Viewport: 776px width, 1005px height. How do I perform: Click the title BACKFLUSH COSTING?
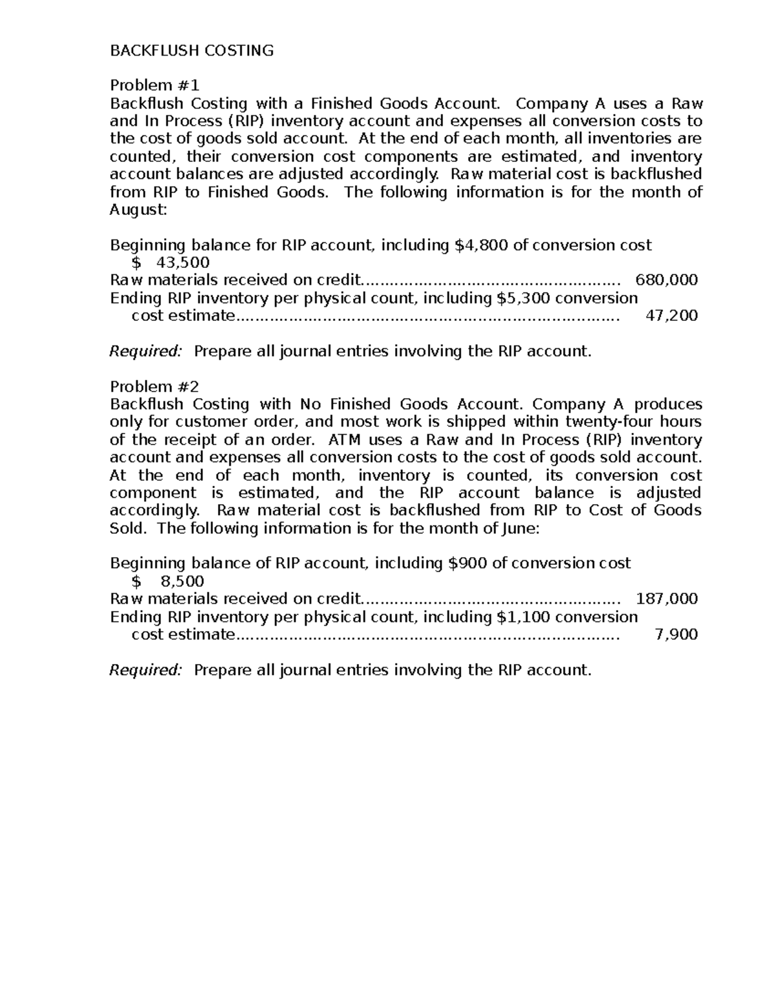tap(191, 51)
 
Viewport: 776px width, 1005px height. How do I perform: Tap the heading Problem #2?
tap(155, 386)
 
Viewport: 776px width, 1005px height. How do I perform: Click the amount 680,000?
tap(667, 280)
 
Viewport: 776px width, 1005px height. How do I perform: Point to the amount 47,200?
tap(672, 316)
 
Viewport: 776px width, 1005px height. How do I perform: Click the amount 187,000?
tap(667, 599)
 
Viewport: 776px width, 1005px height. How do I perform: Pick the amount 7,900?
tap(676, 634)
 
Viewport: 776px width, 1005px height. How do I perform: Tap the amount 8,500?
tap(182, 581)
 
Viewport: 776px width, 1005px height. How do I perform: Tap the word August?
tap(137, 210)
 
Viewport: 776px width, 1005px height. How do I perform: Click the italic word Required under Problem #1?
tap(145, 351)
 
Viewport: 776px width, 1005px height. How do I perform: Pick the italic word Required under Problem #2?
tap(145, 670)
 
